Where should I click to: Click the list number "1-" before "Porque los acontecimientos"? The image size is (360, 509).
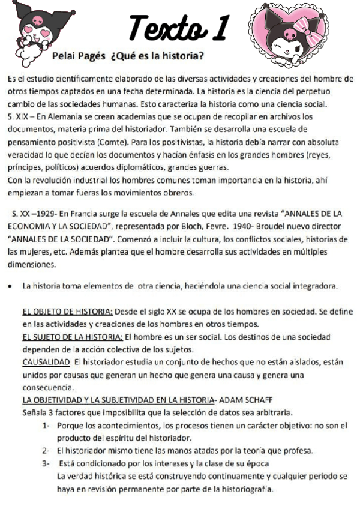point(46,426)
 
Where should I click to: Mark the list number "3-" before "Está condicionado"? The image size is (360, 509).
point(46,464)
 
